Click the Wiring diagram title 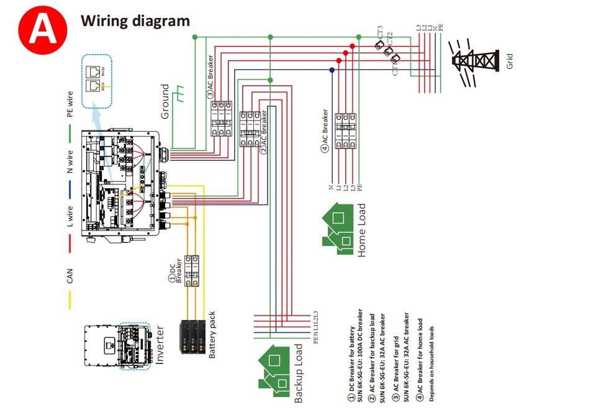tap(135, 20)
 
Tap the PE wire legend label tap(70, 104)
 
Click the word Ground tap(165, 102)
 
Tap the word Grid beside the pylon tap(510, 60)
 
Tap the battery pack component tap(192, 336)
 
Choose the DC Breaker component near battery tap(191, 270)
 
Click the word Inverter tap(160, 344)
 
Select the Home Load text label tap(362, 231)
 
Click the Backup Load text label tap(299, 373)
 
